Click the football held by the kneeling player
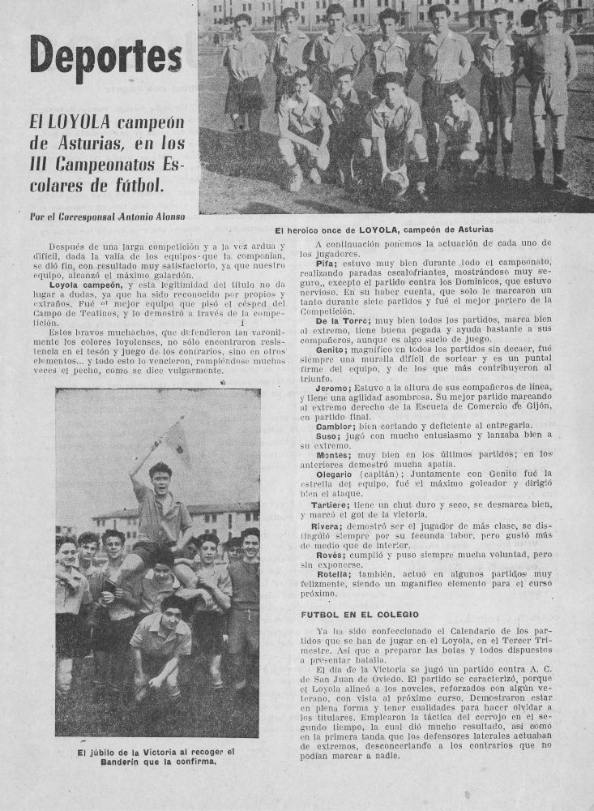395,176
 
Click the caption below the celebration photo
156,756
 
